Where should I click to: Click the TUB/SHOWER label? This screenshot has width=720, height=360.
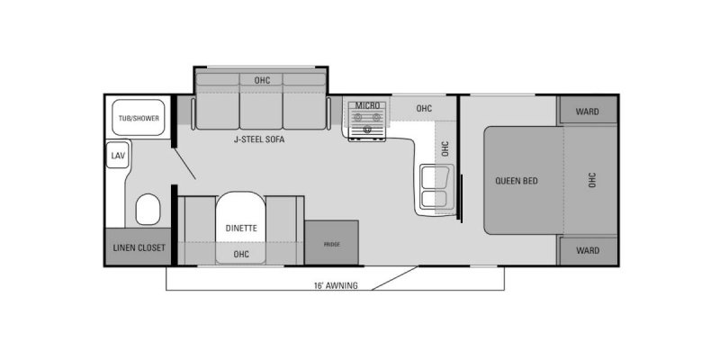tap(139, 119)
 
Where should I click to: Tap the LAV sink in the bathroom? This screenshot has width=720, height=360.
tap(118, 155)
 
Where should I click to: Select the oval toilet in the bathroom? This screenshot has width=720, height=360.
tap(148, 209)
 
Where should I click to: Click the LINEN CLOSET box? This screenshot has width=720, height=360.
tap(139, 247)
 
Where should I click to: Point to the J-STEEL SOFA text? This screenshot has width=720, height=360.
tap(258, 139)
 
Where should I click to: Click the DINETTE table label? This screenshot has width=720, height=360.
tap(241, 228)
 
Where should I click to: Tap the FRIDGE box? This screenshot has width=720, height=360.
tap(331, 242)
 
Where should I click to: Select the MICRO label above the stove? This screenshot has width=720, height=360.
tap(367, 106)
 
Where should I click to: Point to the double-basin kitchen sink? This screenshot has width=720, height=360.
tap(435, 187)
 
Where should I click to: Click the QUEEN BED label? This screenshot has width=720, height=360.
tap(517, 181)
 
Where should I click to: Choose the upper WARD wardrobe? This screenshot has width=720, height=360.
tap(588, 111)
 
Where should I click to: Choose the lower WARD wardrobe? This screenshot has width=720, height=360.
tap(588, 251)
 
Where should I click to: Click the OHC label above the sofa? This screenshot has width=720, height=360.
tap(262, 80)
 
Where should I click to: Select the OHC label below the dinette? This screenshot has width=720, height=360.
tap(241, 254)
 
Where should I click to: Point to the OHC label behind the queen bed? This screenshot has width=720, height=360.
tap(592, 180)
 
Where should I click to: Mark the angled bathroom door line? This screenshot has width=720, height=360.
tap(185, 164)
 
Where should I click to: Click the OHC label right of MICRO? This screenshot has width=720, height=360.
tap(424, 108)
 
